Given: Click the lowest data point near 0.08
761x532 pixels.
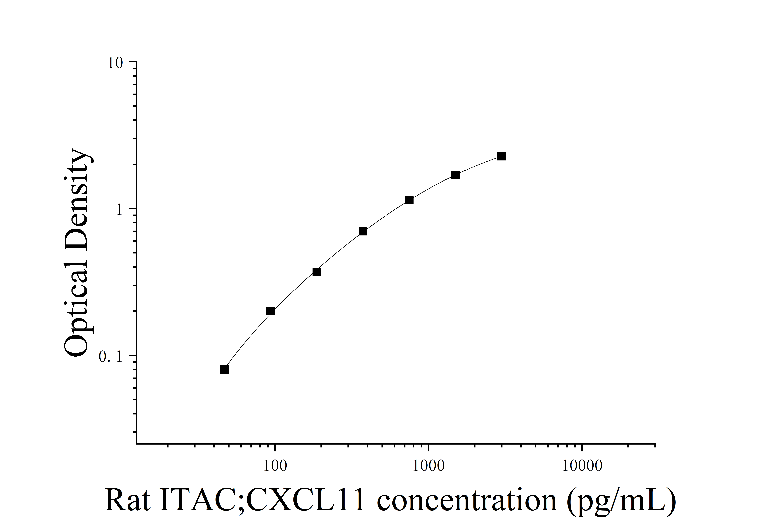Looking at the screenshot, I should point(224,369).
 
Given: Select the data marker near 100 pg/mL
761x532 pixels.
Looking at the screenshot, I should point(270,311).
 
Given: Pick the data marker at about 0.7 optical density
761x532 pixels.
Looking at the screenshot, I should point(363,231).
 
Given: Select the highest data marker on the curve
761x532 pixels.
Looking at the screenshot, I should point(501,156).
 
